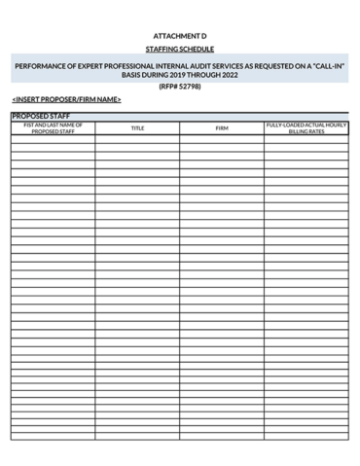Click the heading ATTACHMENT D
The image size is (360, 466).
click(x=180, y=35)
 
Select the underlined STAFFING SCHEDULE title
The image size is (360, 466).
click(x=180, y=49)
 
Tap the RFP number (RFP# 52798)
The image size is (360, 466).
click(x=180, y=87)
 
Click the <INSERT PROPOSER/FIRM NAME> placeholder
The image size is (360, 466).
click(x=66, y=99)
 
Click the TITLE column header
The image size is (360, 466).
click(x=137, y=128)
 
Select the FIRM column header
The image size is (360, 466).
click(x=222, y=128)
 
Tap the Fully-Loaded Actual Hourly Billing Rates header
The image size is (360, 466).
click(x=306, y=128)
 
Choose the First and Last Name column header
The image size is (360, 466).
click(x=54, y=128)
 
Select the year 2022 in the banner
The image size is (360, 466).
click(x=229, y=74)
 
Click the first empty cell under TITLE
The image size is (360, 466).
click(x=137, y=138)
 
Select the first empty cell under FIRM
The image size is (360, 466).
click(x=222, y=138)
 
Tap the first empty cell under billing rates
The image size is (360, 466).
click(x=306, y=138)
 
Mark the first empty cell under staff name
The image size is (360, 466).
click(x=54, y=138)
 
